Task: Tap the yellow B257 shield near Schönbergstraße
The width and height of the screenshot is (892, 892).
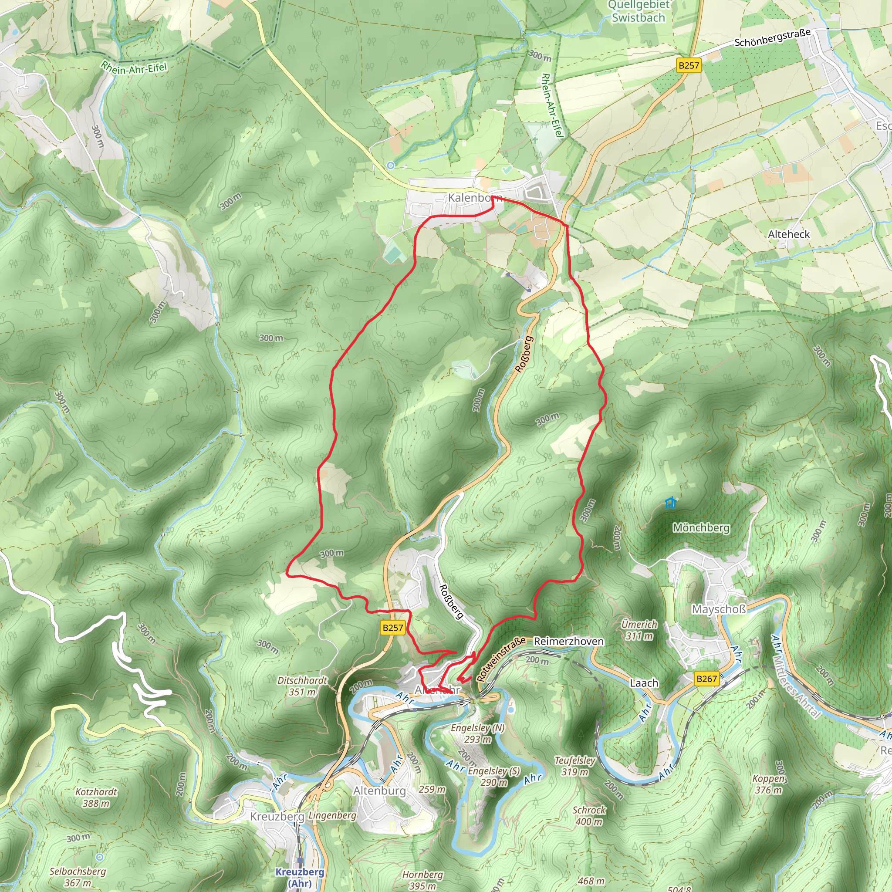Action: pyautogui.click(x=689, y=65)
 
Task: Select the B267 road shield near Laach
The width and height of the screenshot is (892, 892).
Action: pyautogui.click(x=706, y=679)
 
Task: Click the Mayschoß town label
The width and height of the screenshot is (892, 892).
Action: pyautogui.click(x=718, y=609)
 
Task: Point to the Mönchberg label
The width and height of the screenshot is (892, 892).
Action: pyautogui.click(x=701, y=527)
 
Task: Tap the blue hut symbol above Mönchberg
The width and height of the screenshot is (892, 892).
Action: pyautogui.click(x=671, y=502)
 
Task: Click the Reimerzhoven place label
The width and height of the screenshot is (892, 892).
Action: pyautogui.click(x=568, y=641)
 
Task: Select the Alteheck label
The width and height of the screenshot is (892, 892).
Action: pyautogui.click(x=789, y=234)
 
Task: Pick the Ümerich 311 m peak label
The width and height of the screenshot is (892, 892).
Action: pyautogui.click(x=639, y=630)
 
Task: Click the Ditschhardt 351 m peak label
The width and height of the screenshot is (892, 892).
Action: pyautogui.click(x=302, y=686)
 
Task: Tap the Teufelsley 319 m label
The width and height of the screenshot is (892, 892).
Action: pyautogui.click(x=575, y=766)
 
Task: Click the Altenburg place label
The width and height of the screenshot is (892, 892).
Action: pyautogui.click(x=379, y=791)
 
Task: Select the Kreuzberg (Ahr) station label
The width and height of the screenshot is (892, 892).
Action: pyautogui.click(x=300, y=877)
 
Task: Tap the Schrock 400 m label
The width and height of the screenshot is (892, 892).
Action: pyautogui.click(x=589, y=816)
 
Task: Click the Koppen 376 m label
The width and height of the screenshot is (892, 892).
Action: pyautogui.click(x=768, y=784)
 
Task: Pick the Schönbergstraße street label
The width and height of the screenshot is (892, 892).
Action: pyautogui.click(x=772, y=38)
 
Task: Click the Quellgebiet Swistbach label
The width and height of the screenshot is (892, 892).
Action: pyautogui.click(x=639, y=12)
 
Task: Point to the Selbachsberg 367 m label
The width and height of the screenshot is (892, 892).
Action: pyautogui.click(x=78, y=877)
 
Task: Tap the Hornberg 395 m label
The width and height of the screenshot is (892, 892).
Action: pyautogui.click(x=422, y=880)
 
